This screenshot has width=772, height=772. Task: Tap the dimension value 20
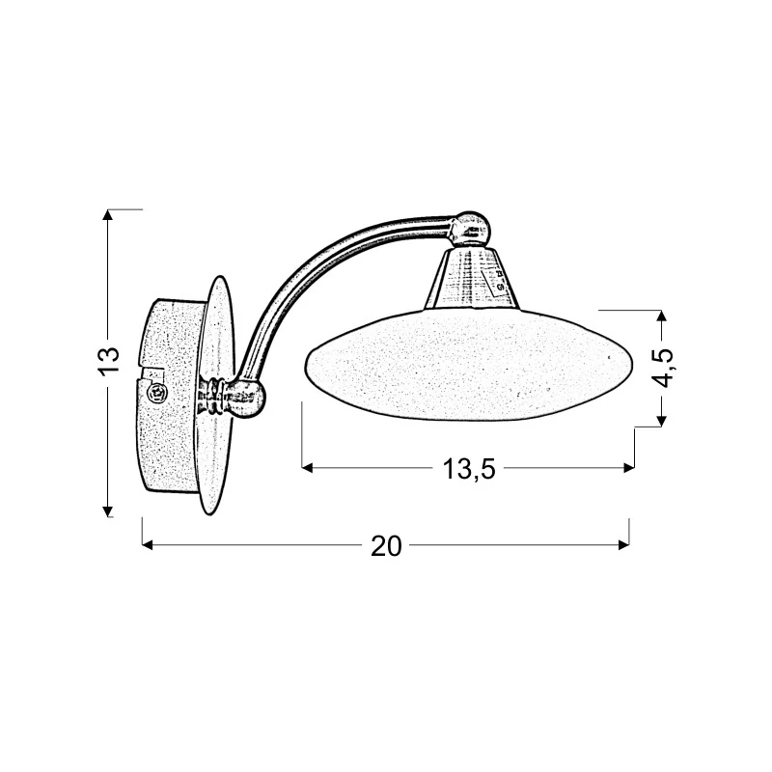pos(387,546)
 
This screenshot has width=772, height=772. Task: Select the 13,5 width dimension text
pos(469,469)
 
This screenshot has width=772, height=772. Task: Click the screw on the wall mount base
pos(158,393)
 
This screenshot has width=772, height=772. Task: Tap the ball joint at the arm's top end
pos(471,227)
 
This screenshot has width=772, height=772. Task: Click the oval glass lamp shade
pos(469,364)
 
